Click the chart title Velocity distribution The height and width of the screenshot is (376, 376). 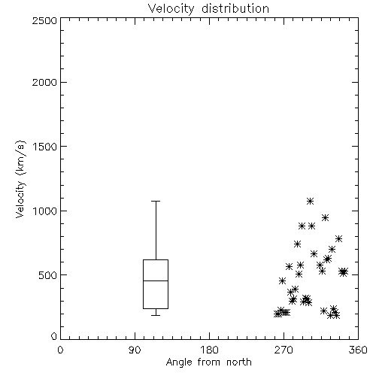point(208,9)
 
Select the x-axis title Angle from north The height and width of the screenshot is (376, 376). point(208,362)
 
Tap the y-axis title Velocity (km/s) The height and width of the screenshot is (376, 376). point(20,179)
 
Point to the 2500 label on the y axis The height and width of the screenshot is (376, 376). point(44,20)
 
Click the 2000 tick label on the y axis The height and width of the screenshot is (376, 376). point(44,82)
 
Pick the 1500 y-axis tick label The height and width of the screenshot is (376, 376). point(45,147)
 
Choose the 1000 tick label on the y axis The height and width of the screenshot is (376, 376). point(45,211)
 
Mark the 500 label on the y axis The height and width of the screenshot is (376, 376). point(48,275)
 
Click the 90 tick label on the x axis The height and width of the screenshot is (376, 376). point(135,350)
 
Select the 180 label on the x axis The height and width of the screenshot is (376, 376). point(208,350)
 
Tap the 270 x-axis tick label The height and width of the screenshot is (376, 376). point(284,350)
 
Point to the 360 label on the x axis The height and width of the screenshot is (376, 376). point(358,350)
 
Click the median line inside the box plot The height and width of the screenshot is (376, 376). point(156,280)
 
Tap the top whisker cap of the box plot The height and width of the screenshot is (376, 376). point(156,201)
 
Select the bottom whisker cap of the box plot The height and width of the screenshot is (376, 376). point(156,315)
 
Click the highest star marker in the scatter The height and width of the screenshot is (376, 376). point(311,201)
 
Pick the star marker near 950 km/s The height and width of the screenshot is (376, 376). point(325,217)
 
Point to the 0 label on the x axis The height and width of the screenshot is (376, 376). point(60,350)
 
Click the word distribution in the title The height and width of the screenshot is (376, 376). point(235,9)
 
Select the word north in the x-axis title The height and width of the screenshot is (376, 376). point(239,362)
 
